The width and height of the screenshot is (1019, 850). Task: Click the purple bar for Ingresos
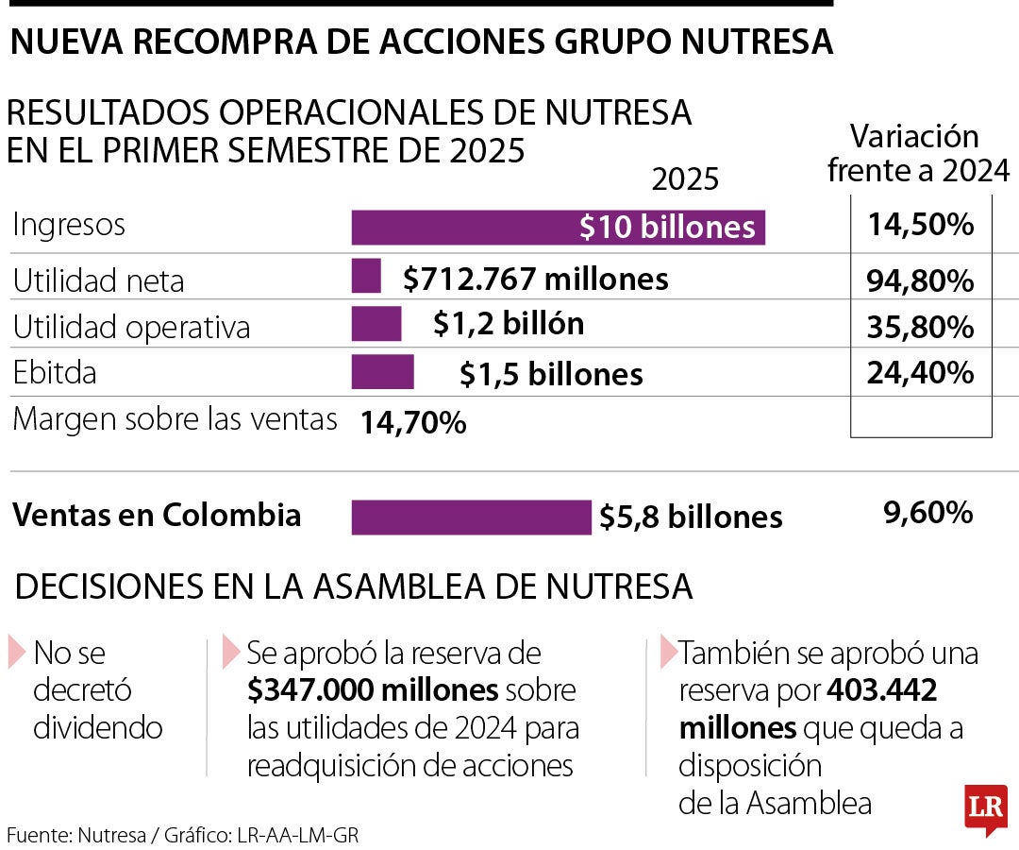click(558, 228)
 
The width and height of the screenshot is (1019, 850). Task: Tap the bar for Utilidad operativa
click(376, 324)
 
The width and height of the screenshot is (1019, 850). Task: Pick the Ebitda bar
click(382, 372)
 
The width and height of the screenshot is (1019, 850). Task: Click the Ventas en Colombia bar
click(471, 517)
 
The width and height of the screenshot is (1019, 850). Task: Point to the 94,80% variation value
click(920, 280)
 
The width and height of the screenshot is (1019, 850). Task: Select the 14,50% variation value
click(920, 226)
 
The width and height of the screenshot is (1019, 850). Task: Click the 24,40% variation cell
click(920, 373)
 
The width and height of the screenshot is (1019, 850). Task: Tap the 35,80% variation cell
click(920, 327)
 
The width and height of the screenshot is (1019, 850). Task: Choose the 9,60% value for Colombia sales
click(927, 513)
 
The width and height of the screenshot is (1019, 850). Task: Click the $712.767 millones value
click(535, 279)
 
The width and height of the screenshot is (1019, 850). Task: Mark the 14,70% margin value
click(412, 423)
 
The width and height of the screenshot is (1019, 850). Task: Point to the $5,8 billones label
click(691, 518)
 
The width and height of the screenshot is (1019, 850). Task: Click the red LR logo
click(985, 809)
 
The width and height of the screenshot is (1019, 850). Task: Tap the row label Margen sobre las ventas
click(175, 418)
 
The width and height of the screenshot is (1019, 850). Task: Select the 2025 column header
click(685, 179)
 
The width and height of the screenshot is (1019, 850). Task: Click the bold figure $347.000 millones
click(373, 690)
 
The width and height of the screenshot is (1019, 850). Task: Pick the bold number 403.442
click(881, 690)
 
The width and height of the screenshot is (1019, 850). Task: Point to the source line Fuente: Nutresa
click(183, 835)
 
